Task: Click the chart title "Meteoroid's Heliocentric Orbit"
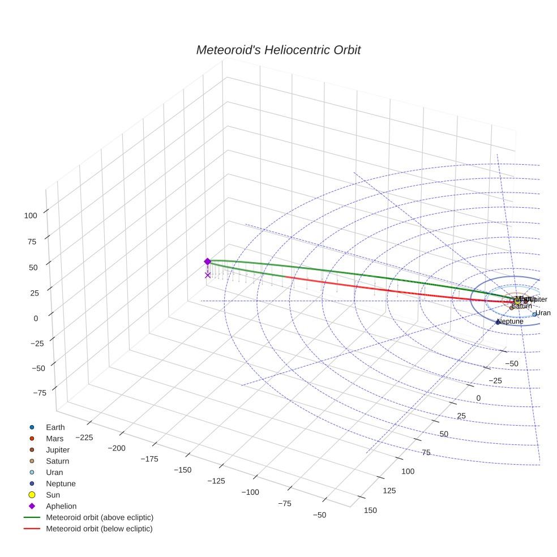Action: [278, 50]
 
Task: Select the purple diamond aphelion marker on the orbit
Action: [207, 262]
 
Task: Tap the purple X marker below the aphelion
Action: [208, 275]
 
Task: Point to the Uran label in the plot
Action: [543, 313]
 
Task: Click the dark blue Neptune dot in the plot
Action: [498, 322]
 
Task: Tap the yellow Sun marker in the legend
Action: [32, 495]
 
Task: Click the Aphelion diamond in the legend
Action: [32, 506]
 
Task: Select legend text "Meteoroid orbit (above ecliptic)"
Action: [100, 517]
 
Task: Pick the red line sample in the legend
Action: [32, 529]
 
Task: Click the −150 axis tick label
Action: [182, 470]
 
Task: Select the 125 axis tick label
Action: [389, 490]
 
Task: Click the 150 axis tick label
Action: [370, 510]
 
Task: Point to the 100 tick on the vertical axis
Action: [30, 215]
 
